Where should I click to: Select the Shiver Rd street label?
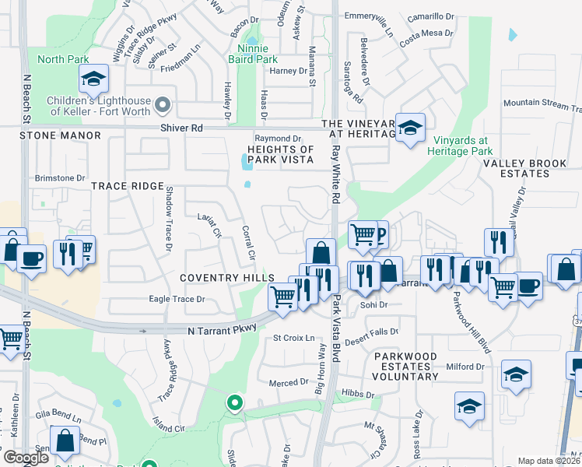tap(181, 128)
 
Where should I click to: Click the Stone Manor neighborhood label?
tap(61, 135)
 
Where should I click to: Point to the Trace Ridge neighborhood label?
tap(128, 186)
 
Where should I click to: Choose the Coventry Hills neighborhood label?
tap(226, 278)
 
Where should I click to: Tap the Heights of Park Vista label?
tap(280, 154)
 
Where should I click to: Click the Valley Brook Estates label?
tap(527, 168)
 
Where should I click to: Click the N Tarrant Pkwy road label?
tap(223, 331)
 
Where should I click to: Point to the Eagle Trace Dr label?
tap(177, 299)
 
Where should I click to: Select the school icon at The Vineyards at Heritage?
tap(409, 128)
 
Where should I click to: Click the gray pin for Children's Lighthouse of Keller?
tap(163, 104)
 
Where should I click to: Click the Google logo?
tap(26, 458)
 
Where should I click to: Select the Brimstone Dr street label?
tap(60, 178)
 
